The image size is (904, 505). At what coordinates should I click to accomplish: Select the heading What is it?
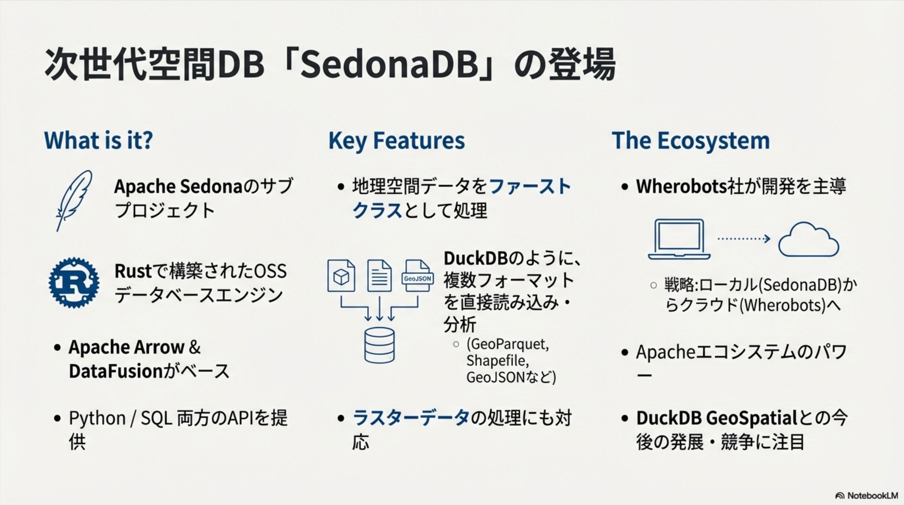[x=98, y=140]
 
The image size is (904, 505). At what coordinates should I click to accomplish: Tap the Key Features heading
[x=396, y=140]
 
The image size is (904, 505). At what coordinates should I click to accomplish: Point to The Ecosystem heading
[x=691, y=140]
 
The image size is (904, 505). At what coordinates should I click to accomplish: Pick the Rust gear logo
[x=74, y=282]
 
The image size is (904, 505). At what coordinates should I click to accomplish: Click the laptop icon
[x=679, y=239]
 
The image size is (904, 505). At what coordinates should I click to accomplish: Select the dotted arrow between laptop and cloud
[x=743, y=239]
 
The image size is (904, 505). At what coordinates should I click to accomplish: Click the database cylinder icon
[x=379, y=345]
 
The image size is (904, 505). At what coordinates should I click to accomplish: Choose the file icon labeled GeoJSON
[x=417, y=276]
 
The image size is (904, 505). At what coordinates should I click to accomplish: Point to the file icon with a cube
[x=341, y=276]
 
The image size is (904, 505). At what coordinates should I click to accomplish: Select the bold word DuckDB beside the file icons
[x=476, y=259]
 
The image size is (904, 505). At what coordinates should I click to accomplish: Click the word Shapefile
[x=497, y=360]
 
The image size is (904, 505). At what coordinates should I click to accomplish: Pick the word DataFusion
[x=115, y=371]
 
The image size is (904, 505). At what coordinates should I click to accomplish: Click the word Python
[x=97, y=418]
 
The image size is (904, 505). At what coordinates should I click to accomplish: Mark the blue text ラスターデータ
[x=411, y=418]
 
